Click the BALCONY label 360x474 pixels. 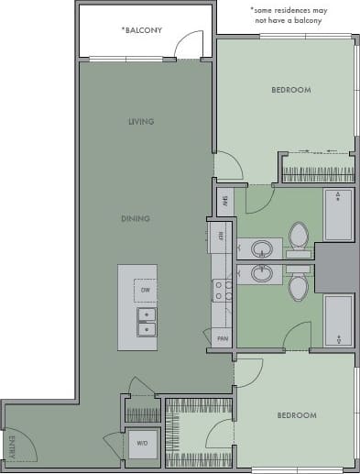click(142, 30)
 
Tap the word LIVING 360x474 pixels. click(140, 122)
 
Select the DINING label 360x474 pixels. click(136, 218)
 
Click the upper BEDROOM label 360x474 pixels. click(291, 90)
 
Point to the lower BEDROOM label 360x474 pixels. click(296, 415)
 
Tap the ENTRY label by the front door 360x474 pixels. click(13, 448)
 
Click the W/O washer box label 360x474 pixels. click(142, 444)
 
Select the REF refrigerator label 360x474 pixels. click(222, 236)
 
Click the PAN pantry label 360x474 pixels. click(222, 338)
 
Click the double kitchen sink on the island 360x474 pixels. click(146, 321)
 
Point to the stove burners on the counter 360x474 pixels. click(221, 291)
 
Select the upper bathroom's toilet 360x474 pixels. click(299, 236)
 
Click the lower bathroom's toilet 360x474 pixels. click(299, 287)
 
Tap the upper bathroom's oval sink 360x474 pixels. click(264, 248)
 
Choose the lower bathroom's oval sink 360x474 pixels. click(264, 272)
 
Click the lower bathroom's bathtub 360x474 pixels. click(338, 320)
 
